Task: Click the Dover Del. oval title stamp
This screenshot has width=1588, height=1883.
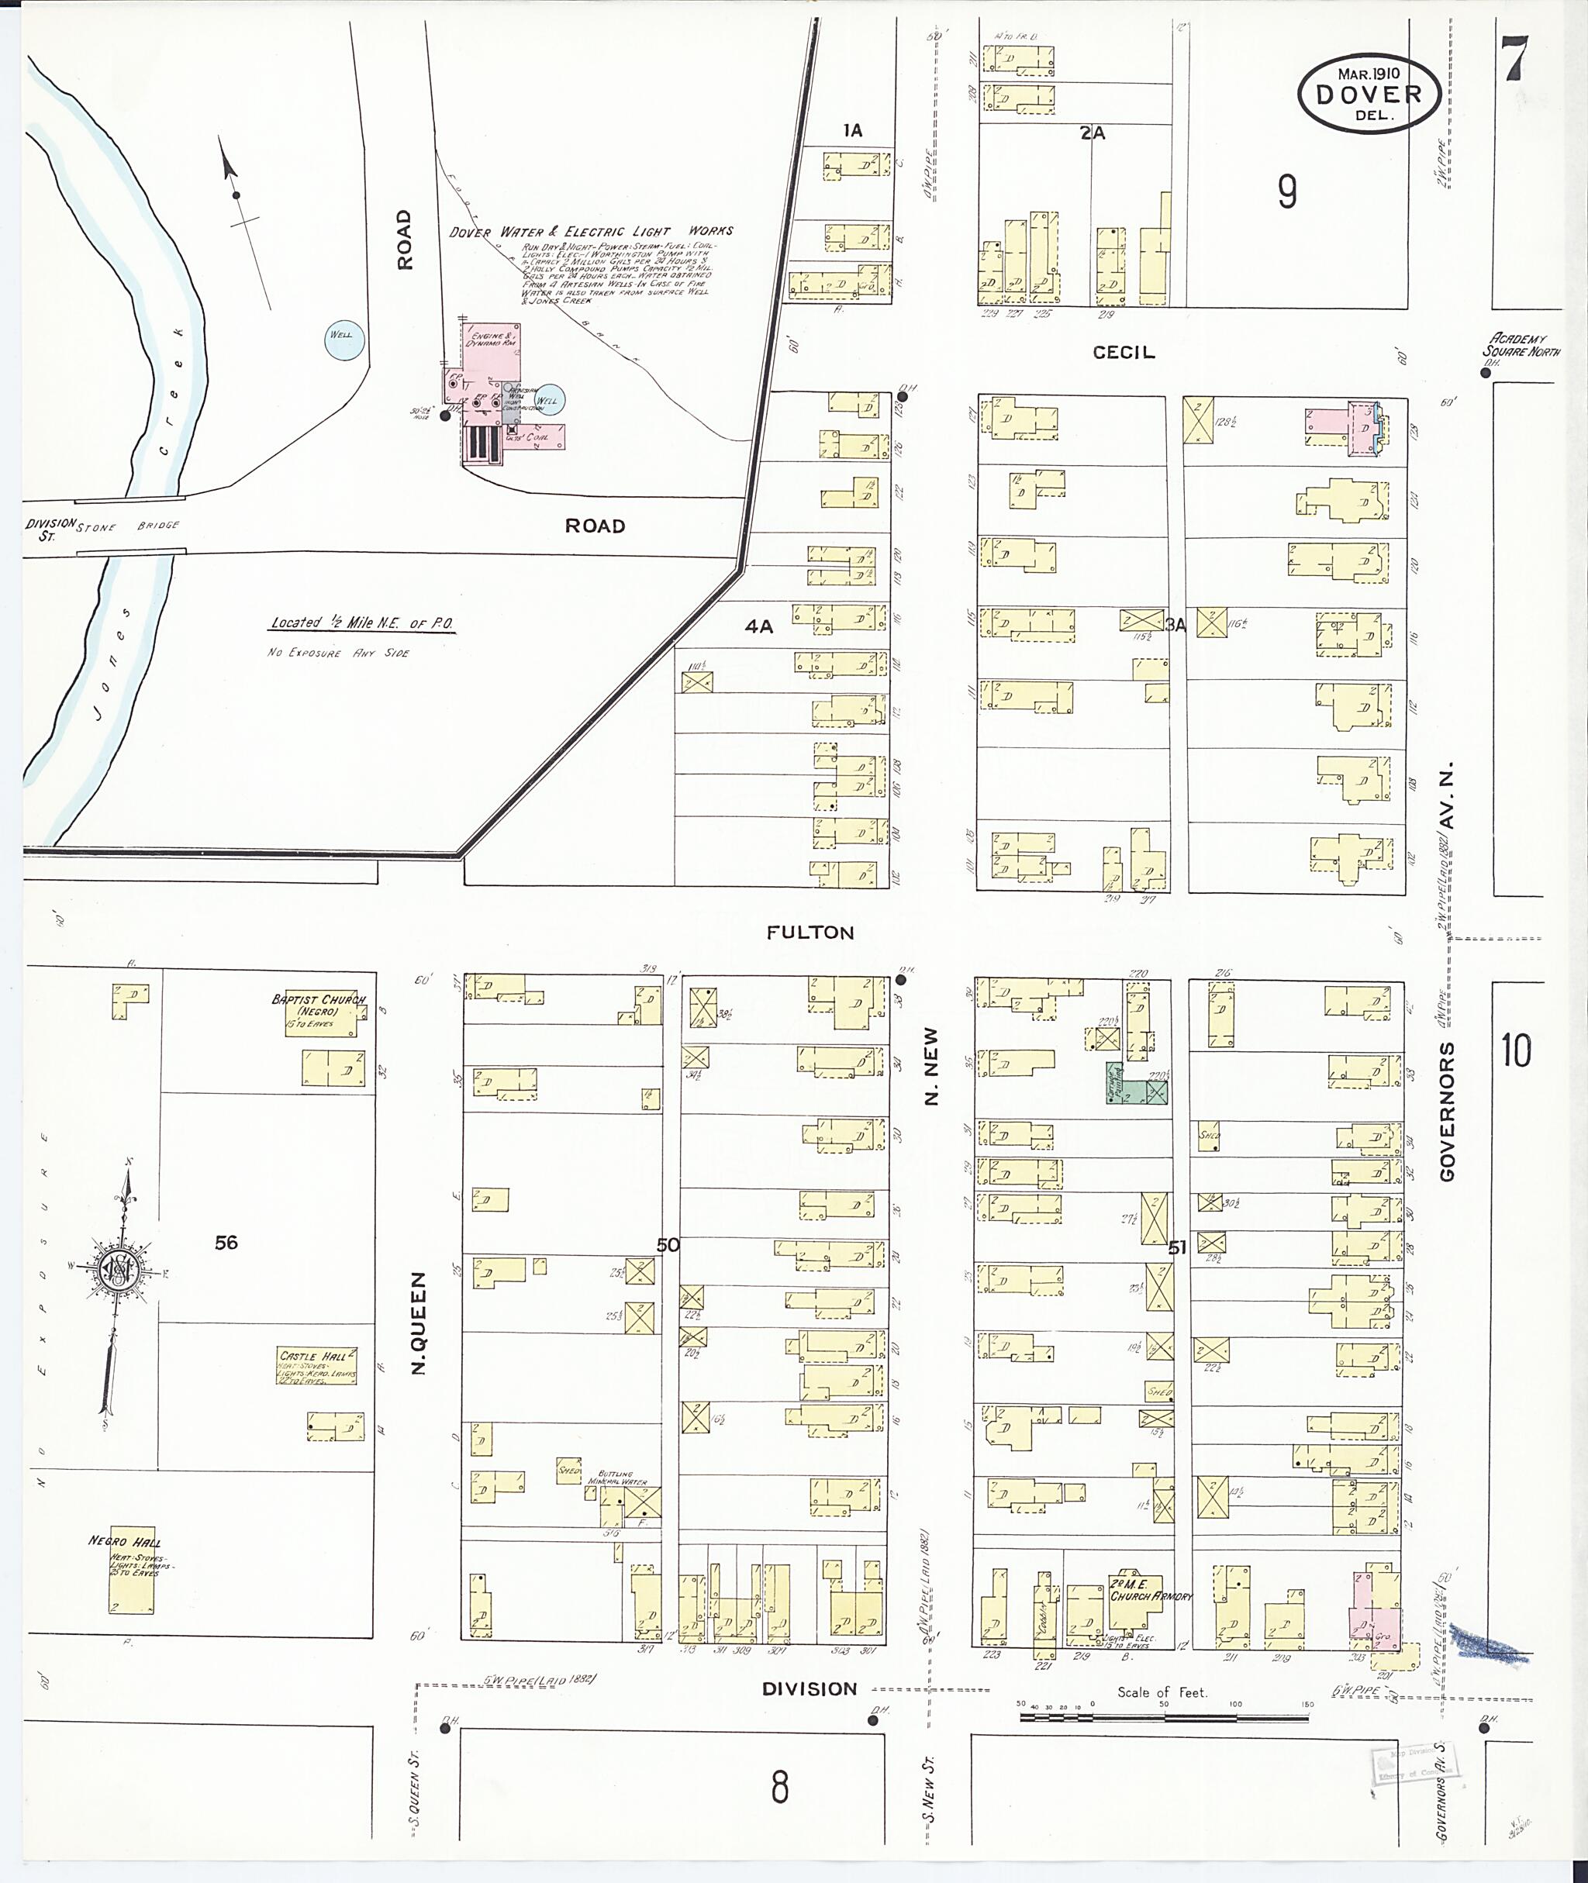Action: tap(1369, 94)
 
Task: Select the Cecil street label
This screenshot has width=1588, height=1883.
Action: tap(1123, 353)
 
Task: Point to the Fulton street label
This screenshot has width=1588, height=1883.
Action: tap(810, 933)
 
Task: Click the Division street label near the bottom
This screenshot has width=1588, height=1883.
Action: tap(810, 1688)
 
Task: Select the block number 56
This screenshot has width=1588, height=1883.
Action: tap(226, 1243)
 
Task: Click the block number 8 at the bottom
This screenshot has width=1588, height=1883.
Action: tap(779, 1787)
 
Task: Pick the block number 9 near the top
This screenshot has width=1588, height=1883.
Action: tap(1287, 191)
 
